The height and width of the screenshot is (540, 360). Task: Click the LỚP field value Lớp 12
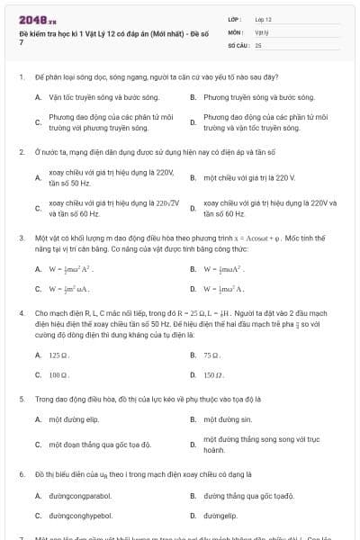pyautogui.click(x=263, y=19)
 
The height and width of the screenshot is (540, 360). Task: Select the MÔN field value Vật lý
pyautogui.click(x=261, y=31)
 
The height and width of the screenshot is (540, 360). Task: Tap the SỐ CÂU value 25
pyautogui.click(x=258, y=44)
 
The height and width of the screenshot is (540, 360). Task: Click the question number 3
pyautogui.click(x=21, y=238)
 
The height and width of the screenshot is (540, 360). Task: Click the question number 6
pyautogui.click(x=21, y=472)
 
